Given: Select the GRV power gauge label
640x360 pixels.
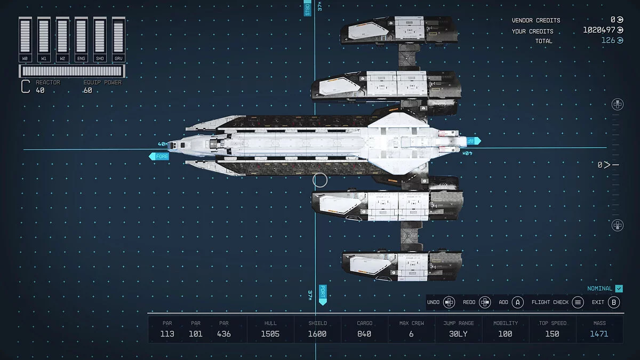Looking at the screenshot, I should [x=118, y=58].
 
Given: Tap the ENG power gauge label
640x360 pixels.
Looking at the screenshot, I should [x=81, y=58].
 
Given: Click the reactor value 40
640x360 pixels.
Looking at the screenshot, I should [x=40, y=91].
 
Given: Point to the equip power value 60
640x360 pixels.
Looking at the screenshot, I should [x=87, y=91].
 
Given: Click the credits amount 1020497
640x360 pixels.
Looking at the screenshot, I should [x=599, y=30].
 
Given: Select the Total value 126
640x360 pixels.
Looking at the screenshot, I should [x=609, y=41].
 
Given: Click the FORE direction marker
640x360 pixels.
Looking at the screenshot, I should [x=159, y=156].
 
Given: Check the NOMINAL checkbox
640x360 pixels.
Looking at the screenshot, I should [x=619, y=289].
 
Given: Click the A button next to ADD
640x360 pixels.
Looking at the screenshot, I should [x=517, y=302].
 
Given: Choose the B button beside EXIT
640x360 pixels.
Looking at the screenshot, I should [x=614, y=302].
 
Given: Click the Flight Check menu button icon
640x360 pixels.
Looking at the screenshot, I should [x=578, y=302].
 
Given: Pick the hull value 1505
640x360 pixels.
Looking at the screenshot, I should [x=270, y=334].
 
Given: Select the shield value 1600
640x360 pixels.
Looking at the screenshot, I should [x=317, y=334].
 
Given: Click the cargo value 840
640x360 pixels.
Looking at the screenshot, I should [x=364, y=334].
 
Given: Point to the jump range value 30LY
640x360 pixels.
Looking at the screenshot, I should [x=458, y=334].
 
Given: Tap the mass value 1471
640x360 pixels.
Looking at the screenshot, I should [x=599, y=334].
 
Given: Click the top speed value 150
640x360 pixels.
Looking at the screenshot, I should [x=552, y=334].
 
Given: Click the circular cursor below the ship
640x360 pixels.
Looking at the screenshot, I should [x=320, y=180].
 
